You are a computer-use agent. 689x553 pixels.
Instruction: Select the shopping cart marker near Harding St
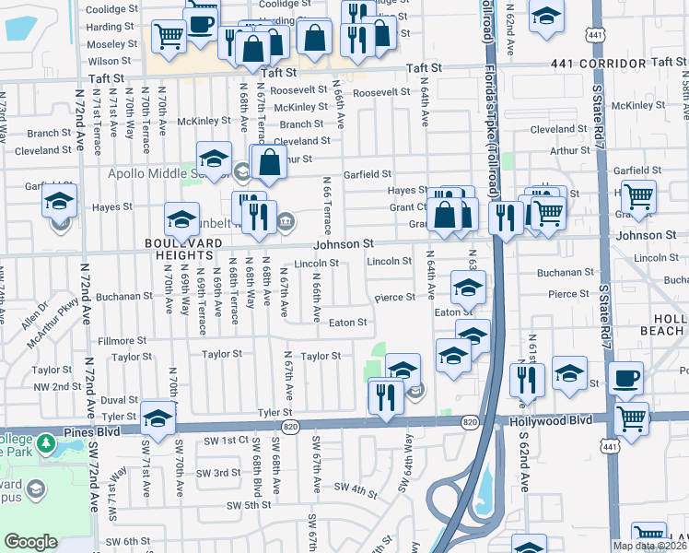[169, 36]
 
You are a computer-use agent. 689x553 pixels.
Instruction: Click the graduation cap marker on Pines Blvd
[158, 419]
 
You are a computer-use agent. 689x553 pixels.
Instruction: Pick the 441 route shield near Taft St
[596, 34]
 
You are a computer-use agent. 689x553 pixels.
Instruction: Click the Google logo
[30, 542]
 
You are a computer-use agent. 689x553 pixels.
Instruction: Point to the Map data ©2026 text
[648, 546]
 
